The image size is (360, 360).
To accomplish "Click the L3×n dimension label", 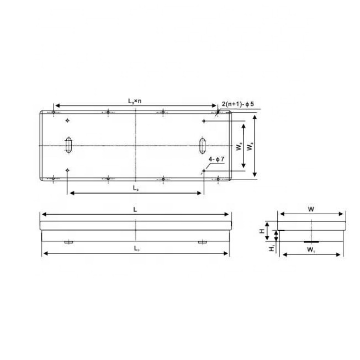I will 135,101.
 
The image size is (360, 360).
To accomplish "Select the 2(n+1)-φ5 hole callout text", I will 237,104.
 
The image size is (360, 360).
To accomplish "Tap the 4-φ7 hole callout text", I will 215,160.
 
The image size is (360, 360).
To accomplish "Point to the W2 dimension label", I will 238,147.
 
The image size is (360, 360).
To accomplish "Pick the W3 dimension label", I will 251,147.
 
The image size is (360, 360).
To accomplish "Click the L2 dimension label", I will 135,188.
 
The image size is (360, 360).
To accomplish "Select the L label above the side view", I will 135,210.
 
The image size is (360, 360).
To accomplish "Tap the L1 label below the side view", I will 135,248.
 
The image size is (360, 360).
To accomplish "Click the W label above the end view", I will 312,209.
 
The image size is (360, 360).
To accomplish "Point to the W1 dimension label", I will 311,250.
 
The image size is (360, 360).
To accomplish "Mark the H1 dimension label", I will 271,249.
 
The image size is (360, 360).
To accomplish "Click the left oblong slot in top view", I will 68,145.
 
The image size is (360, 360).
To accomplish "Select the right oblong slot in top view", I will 203,145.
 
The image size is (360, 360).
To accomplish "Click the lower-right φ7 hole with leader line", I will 204,171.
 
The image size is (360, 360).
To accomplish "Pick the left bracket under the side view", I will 68,241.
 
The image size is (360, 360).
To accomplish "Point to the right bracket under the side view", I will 203,241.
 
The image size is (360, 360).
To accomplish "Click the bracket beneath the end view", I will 311,241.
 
